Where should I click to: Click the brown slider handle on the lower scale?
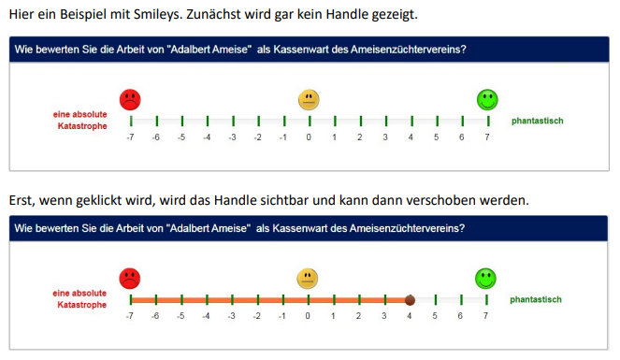click(410, 300)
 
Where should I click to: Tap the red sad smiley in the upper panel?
click(130, 99)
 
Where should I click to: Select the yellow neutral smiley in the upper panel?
click(309, 99)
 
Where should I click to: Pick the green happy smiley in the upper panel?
click(487, 99)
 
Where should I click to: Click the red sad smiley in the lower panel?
click(130, 279)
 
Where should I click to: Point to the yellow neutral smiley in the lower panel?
click(308, 279)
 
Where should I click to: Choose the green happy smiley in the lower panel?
click(485, 279)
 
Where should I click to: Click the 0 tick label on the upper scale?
click(309, 137)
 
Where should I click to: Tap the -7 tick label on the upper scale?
click(130, 137)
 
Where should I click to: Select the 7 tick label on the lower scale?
click(485, 316)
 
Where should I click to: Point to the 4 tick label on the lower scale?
click(410, 316)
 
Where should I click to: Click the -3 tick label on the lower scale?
click(232, 316)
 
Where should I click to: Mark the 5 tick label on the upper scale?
click(436, 137)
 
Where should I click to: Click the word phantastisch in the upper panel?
click(538, 121)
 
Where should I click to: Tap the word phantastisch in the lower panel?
click(536, 299)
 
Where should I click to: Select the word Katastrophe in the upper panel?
click(82, 126)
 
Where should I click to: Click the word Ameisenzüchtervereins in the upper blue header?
click(409, 50)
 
